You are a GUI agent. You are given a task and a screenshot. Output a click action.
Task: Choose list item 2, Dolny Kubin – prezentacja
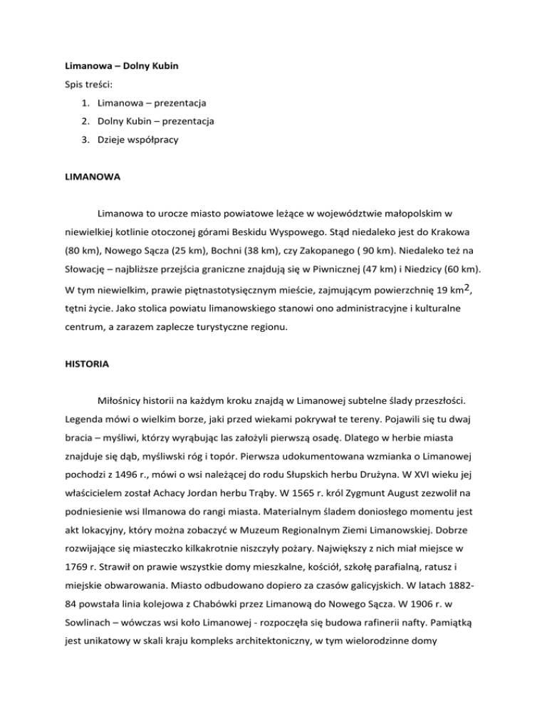point(155,122)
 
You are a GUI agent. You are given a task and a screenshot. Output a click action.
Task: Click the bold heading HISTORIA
point(85,363)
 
